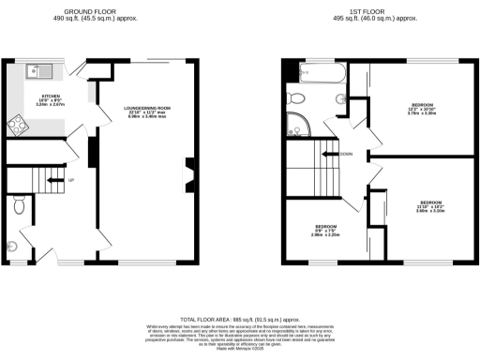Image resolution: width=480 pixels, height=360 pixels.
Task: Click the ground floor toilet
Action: (x=21, y=203)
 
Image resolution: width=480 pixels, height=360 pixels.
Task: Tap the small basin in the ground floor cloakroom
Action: (x=11, y=247)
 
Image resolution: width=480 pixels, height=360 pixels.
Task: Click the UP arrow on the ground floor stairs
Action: (x=70, y=180)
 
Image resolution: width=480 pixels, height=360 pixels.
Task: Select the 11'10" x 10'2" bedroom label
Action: (x=430, y=206)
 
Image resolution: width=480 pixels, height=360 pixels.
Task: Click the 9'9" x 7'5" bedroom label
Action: (x=325, y=230)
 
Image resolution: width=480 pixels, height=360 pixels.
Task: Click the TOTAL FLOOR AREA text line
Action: (x=239, y=320)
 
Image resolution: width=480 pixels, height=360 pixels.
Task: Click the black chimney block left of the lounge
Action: (x=92, y=151)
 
